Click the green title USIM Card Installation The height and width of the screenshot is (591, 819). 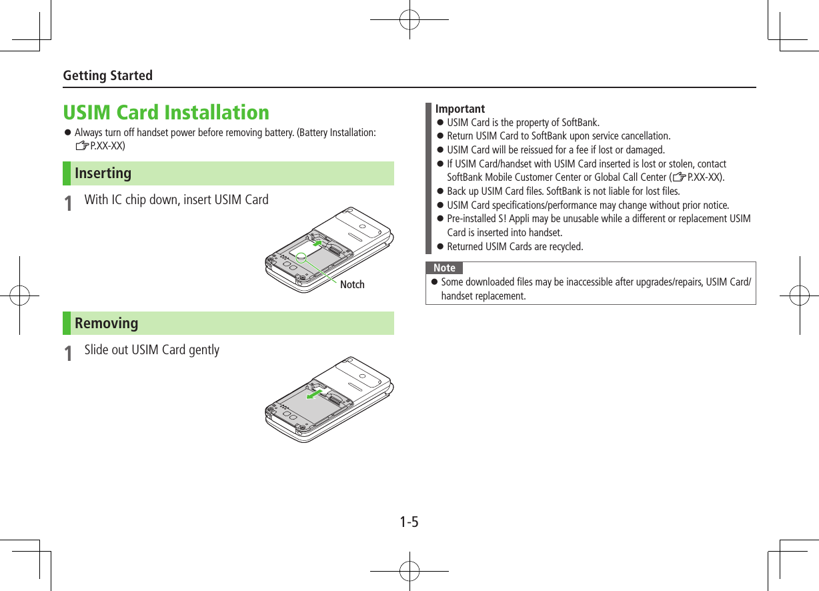pyautogui.click(x=166, y=112)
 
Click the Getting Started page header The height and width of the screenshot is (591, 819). pyautogui.click(x=107, y=75)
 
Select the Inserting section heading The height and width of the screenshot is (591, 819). pyautogui.click(x=103, y=173)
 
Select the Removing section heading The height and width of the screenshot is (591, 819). pyautogui.click(x=106, y=324)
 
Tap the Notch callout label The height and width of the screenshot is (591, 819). pyautogui.click(x=352, y=285)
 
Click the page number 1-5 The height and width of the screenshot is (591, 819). pyautogui.click(x=409, y=522)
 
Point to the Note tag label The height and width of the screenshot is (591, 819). pyautogui.click(x=444, y=268)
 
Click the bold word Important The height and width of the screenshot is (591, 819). pyautogui.click(x=460, y=109)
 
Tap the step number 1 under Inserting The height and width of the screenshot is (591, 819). pyautogui.click(x=68, y=203)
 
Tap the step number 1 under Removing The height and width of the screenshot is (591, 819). pyautogui.click(x=68, y=354)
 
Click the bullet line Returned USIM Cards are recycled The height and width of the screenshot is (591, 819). pyautogui.click(x=515, y=247)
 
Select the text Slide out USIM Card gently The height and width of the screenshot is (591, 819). pyautogui.click(x=152, y=350)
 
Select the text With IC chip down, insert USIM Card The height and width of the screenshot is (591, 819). pyautogui.click(x=177, y=200)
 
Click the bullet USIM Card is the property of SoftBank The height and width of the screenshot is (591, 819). pyautogui.click(x=523, y=123)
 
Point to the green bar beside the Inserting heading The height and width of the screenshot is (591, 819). pyautogui.click(x=67, y=173)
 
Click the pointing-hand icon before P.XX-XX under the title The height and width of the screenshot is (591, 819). pyautogui.click(x=82, y=146)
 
